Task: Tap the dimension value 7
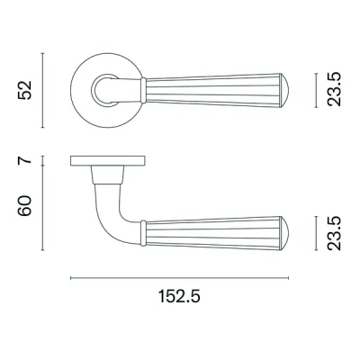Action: click(x=28, y=164)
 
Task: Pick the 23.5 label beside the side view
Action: click(x=335, y=232)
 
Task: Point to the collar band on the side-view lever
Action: click(x=144, y=232)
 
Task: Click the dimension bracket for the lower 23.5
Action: click(x=316, y=232)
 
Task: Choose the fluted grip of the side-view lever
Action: click(x=216, y=232)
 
